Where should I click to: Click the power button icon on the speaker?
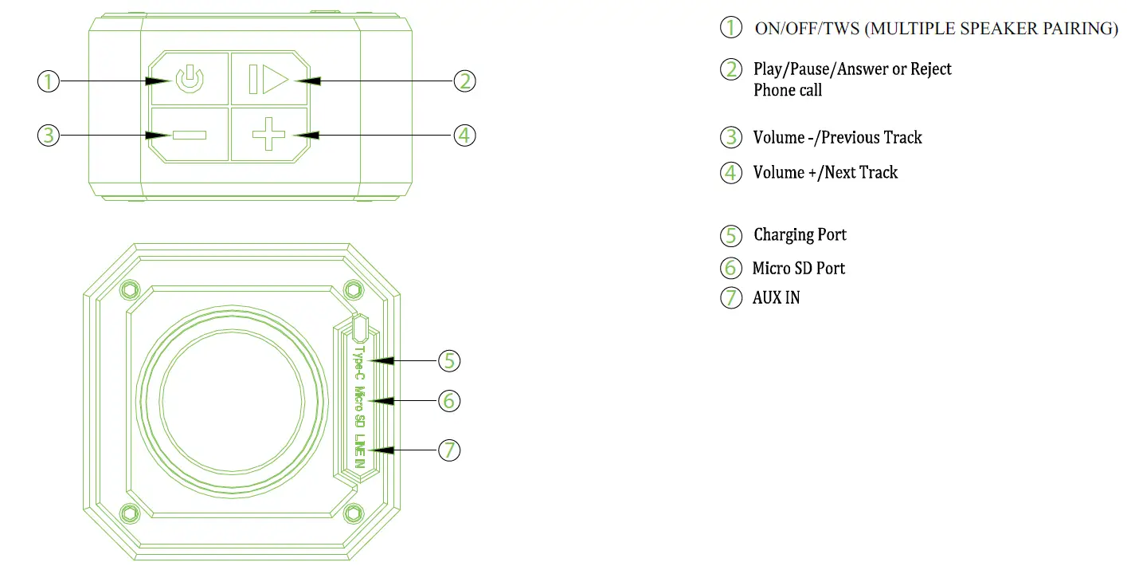tap(190, 81)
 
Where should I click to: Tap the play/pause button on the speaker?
tap(268, 81)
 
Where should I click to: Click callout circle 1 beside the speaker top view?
tap(49, 81)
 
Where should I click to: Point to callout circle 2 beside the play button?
tap(465, 81)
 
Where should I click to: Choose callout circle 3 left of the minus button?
tap(49, 135)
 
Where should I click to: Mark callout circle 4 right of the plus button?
tap(465, 135)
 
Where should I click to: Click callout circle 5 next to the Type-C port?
tap(449, 360)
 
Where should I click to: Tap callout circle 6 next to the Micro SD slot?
tap(449, 400)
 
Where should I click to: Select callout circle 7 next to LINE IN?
tap(449, 450)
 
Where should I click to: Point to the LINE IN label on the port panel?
tap(360, 450)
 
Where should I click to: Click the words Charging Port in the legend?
tap(800, 235)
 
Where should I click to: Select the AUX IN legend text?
tap(776, 298)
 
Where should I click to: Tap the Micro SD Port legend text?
tap(799, 269)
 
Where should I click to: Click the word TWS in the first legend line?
tap(843, 29)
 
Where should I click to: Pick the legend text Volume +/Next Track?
tap(825, 173)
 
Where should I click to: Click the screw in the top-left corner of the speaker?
tap(127, 289)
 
